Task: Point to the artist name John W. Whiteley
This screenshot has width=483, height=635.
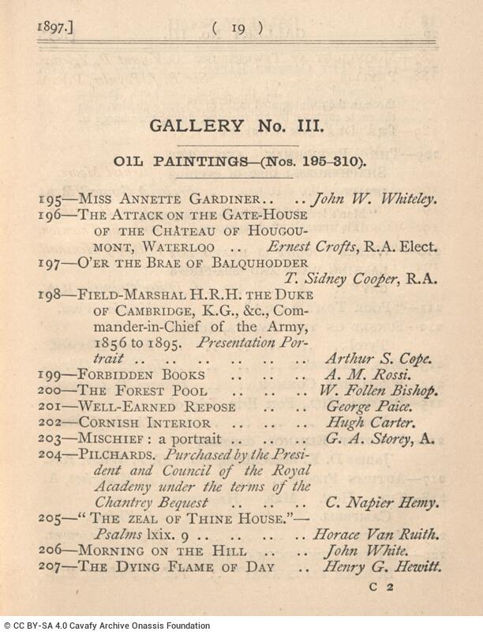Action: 373,200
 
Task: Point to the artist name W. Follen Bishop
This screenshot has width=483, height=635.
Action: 378,391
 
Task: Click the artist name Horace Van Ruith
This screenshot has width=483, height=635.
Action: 374,535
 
